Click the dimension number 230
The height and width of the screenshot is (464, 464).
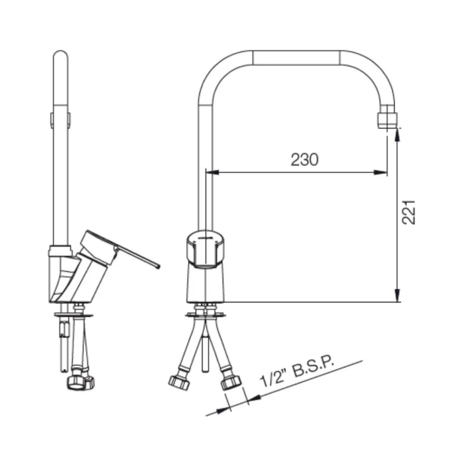point(304,160)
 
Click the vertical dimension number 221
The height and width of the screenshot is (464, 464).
point(409,212)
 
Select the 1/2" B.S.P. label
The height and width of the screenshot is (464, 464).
point(297,372)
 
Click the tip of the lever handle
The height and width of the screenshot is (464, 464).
point(157,266)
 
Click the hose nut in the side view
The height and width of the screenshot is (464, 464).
point(81,381)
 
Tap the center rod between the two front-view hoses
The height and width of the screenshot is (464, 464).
point(205,353)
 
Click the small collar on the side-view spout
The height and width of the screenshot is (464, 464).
point(60,119)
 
